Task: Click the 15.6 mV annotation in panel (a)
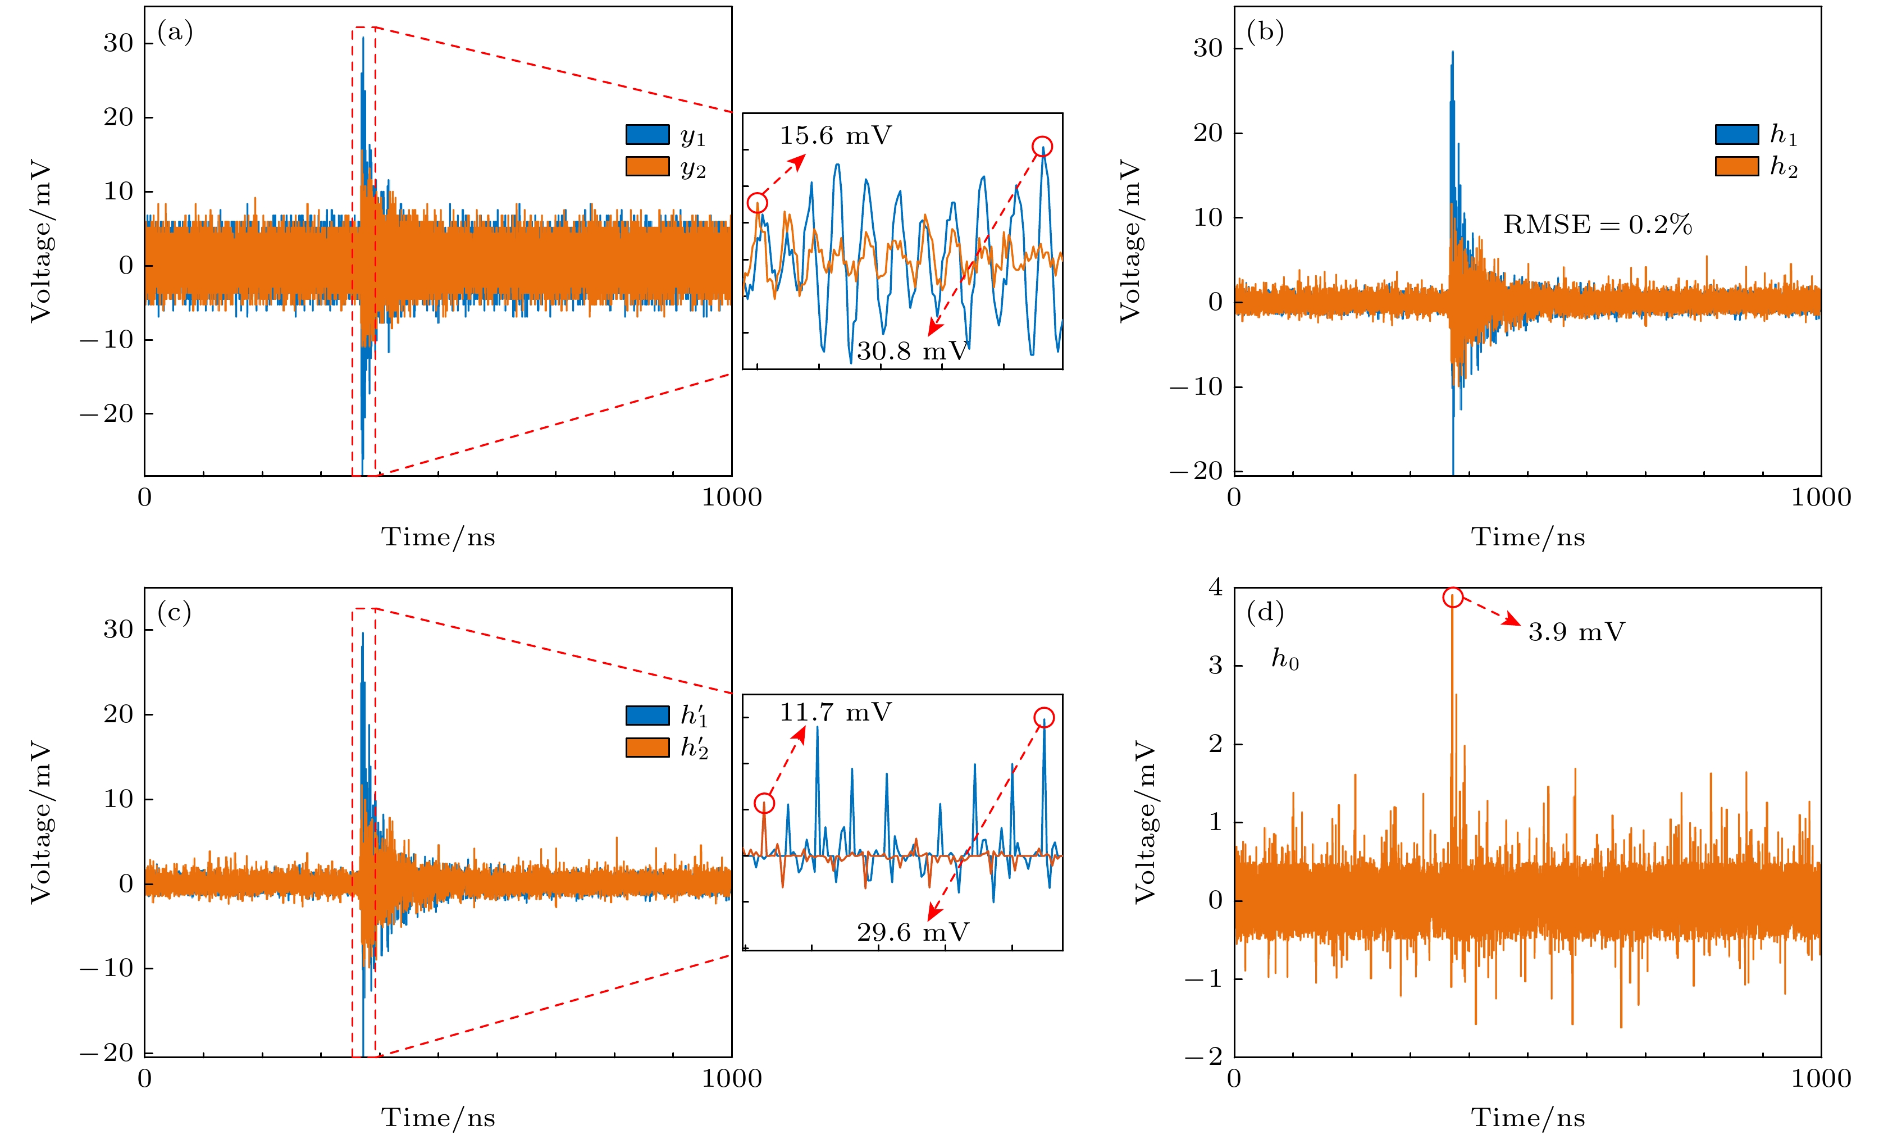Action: [x=835, y=136]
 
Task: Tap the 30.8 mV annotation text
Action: [x=912, y=351]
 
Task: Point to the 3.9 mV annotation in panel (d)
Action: [x=1576, y=632]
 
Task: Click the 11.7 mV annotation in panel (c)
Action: [x=835, y=713]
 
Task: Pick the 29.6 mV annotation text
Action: [x=912, y=932]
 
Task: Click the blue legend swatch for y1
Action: [x=647, y=134]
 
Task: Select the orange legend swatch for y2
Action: [x=647, y=166]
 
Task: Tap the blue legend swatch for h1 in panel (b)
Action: [x=1736, y=134]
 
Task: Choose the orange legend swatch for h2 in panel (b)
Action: [x=1736, y=166]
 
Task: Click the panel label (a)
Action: [x=175, y=32]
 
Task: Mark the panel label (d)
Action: [x=1264, y=613]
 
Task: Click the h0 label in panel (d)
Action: [x=1284, y=659]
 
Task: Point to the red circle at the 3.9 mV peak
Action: [x=1453, y=598]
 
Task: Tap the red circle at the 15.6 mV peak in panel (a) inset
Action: [x=756, y=202]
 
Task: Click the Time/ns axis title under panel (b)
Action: [x=1527, y=537]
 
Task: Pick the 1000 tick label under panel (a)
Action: [x=731, y=498]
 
